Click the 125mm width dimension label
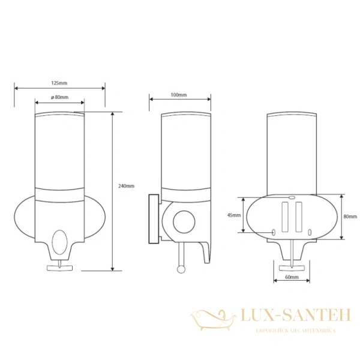tap(59, 82)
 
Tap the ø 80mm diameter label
tap(59, 97)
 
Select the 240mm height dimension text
tap(127, 186)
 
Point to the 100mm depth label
tap(179, 95)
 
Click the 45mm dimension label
tap(235, 215)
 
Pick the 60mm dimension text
tap(292, 278)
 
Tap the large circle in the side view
tap(184, 222)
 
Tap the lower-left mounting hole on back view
tap(274, 232)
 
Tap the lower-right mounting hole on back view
tap(309, 232)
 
